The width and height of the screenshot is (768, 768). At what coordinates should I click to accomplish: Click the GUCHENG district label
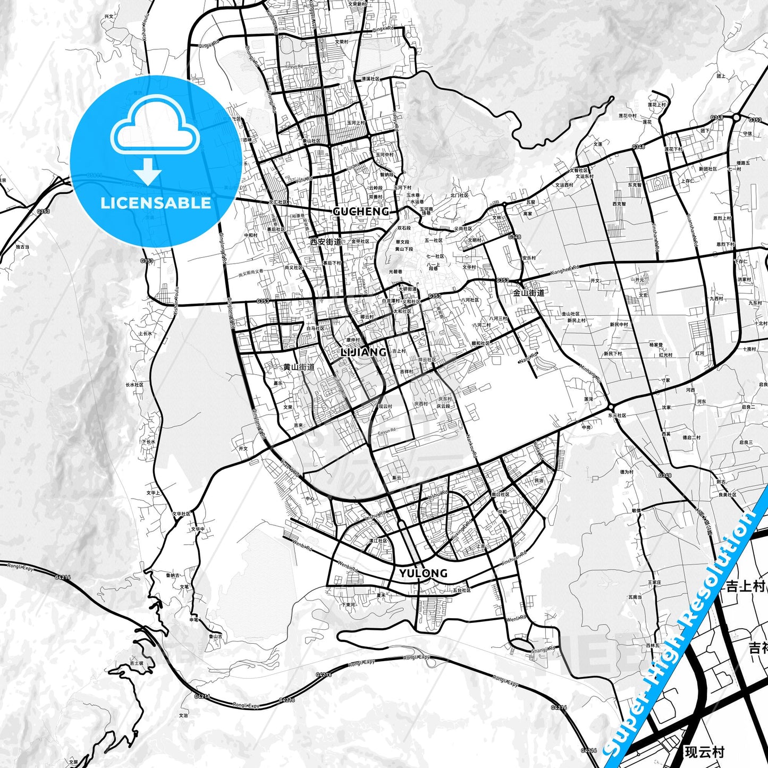[x=361, y=212]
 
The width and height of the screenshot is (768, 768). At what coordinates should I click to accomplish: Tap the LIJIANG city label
[x=364, y=352]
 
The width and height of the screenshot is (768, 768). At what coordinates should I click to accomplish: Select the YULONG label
[x=424, y=573]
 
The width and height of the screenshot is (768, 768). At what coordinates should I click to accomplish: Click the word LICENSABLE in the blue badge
[x=156, y=203]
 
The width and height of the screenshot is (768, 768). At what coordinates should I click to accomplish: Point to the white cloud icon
[x=155, y=128]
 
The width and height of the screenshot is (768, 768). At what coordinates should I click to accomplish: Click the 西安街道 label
[x=326, y=242]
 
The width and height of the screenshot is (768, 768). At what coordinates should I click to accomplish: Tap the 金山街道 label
[x=528, y=292]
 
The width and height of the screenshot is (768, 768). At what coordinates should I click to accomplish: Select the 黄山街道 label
[x=299, y=367]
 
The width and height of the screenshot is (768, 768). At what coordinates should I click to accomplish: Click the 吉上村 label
[x=745, y=586]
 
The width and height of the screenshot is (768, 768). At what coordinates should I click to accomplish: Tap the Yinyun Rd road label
[x=294, y=67]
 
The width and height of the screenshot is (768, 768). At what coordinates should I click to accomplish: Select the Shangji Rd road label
[x=543, y=648]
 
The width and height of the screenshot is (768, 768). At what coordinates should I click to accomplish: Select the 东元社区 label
[x=617, y=416]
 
